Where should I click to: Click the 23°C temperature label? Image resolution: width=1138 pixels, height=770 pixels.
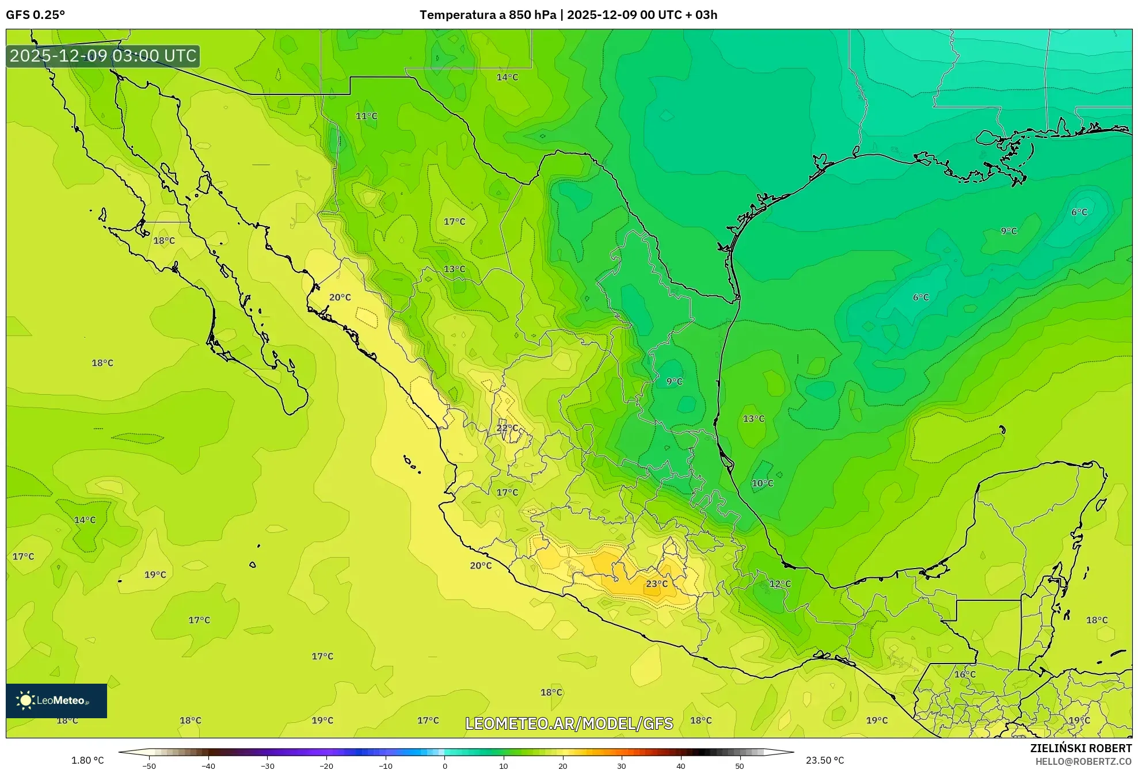pyautogui.click(x=656, y=584)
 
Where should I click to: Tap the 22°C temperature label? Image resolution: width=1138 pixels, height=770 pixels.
pyautogui.click(x=507, y=428)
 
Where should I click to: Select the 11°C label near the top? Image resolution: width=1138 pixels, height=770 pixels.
pyautogui.click(x=366, y=116)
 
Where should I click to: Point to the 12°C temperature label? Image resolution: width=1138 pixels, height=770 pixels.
pyautogui.click(x=780, y=584)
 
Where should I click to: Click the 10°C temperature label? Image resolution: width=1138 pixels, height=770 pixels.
pyautogui.click(x=762, y=483)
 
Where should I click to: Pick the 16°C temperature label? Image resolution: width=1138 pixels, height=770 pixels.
pyautogui.click(x=965, y=674)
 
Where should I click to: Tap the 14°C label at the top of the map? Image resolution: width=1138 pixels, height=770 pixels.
pyautogui.click(x=507, y=77)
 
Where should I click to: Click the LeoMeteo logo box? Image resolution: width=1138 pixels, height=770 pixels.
pyautogui.click(x=56, y=700)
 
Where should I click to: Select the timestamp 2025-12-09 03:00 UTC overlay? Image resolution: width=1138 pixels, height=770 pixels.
pyautogui.click(x=103, y=56)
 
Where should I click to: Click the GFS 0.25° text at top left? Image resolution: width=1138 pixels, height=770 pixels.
pyautogui.click(x=35, y=15)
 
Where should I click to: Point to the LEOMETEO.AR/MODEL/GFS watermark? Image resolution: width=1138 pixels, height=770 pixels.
pyautogui.click(x=569, y=723)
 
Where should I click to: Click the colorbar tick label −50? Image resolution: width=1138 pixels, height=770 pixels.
pyautogui.click(x=149, y=766)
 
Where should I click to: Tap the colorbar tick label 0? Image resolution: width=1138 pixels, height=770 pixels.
pyautogui.click(x=444, y=766)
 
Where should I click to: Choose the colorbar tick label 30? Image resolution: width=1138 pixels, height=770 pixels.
pyautogui.click(x=622, y=766)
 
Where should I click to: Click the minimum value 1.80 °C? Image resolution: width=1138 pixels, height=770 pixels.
pyautogui.click(x=87, y=760)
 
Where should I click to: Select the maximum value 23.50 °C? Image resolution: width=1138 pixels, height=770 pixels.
pyautogui.click(x=825, y=760)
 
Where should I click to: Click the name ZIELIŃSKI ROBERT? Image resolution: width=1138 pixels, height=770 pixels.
pyautogui.click(x=1080, y=748)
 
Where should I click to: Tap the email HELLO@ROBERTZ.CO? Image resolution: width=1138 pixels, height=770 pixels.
pyautogui.click(x=1083, y=761)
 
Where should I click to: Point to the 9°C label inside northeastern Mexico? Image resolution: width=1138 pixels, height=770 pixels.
pyautogui.click(x=674, y=381)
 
